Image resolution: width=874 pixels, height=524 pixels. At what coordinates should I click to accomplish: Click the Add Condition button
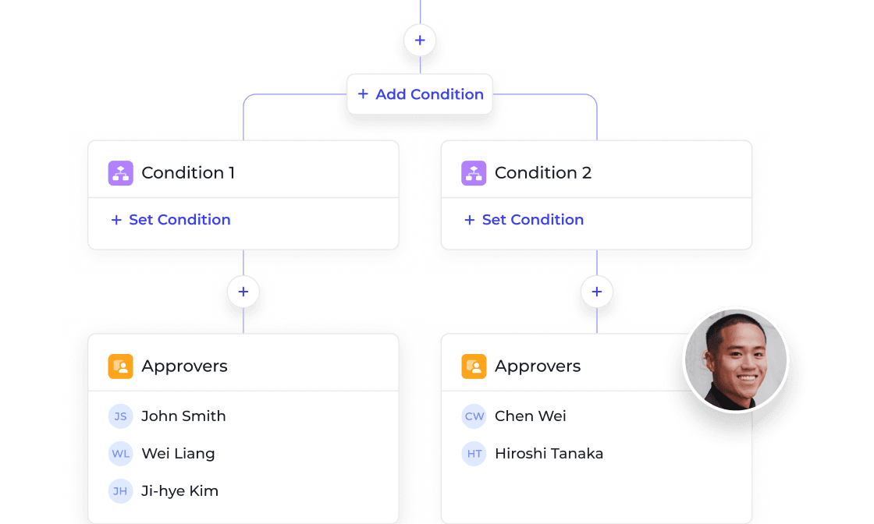pos(420,94)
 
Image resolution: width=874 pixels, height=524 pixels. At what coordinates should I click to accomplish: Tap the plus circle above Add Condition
pos(420,40)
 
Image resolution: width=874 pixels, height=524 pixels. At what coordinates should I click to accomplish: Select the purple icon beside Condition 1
pos(120,172)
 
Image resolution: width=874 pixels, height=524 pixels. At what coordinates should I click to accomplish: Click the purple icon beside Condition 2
pos(474,172)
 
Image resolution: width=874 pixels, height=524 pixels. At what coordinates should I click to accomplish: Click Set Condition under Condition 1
pos(171,219)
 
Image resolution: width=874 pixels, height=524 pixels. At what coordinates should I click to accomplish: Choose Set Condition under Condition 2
pos(524,219)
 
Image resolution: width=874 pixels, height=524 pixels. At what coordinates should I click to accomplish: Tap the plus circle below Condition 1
pos(243,291)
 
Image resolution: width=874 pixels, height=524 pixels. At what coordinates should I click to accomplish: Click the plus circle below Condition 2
pos(596,291)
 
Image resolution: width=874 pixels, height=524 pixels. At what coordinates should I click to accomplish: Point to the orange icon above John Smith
pos(120,366)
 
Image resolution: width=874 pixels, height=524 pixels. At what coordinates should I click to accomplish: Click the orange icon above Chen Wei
pos(474,366)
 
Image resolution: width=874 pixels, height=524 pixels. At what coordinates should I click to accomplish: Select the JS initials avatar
pos(120,416)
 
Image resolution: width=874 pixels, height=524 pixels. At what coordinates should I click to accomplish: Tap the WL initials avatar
pos(120,453)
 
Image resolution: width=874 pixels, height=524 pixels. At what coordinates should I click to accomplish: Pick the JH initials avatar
pos(120,490)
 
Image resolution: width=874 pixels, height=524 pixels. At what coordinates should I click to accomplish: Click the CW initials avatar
pos(474,416)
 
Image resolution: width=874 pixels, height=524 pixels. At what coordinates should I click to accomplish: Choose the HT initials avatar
pos(474,453)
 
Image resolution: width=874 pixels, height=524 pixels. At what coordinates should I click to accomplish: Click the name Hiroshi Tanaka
pos(549,453)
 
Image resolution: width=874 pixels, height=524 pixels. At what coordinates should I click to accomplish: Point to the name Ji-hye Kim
pos(179,490)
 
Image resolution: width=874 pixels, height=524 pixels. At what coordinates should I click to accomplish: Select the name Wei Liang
pos(179,454)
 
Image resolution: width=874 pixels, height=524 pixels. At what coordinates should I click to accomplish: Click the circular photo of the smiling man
pos(736,359)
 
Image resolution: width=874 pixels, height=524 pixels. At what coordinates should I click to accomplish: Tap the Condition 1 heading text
pos(188,172)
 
